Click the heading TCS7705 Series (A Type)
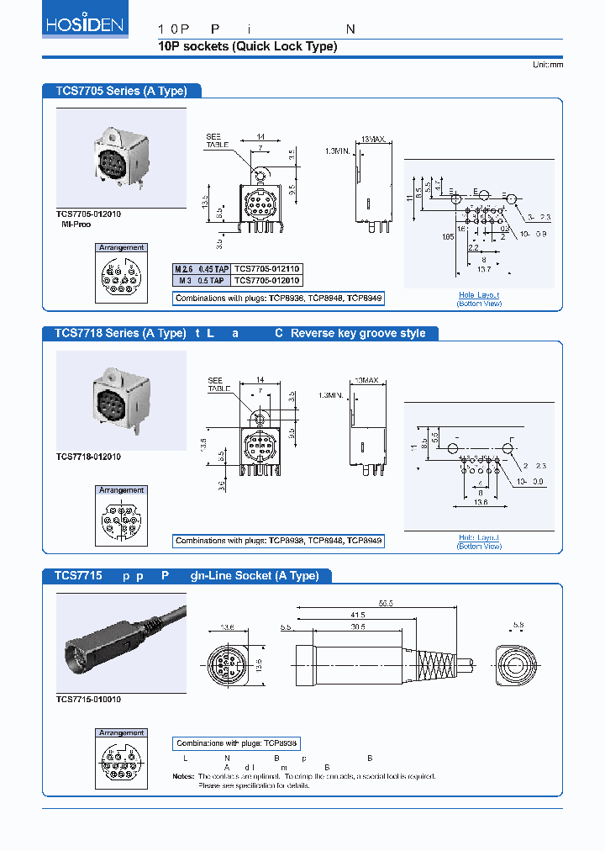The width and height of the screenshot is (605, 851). [x=121, y=91]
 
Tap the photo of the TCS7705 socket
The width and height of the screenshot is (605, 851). [x=121, y=157]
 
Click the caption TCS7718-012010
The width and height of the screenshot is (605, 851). [x=88, y=457]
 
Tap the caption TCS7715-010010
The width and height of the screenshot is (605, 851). [x=88, y=699]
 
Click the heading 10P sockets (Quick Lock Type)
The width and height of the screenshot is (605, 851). [x=247, y=46]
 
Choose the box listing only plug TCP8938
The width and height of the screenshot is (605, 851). [x=237, y=743]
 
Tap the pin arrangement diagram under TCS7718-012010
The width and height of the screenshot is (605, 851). [x=122, y=522]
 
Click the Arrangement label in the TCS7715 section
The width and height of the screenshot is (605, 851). [x=122, y=733]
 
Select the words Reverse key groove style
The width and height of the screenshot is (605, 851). [x=358, y=333]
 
